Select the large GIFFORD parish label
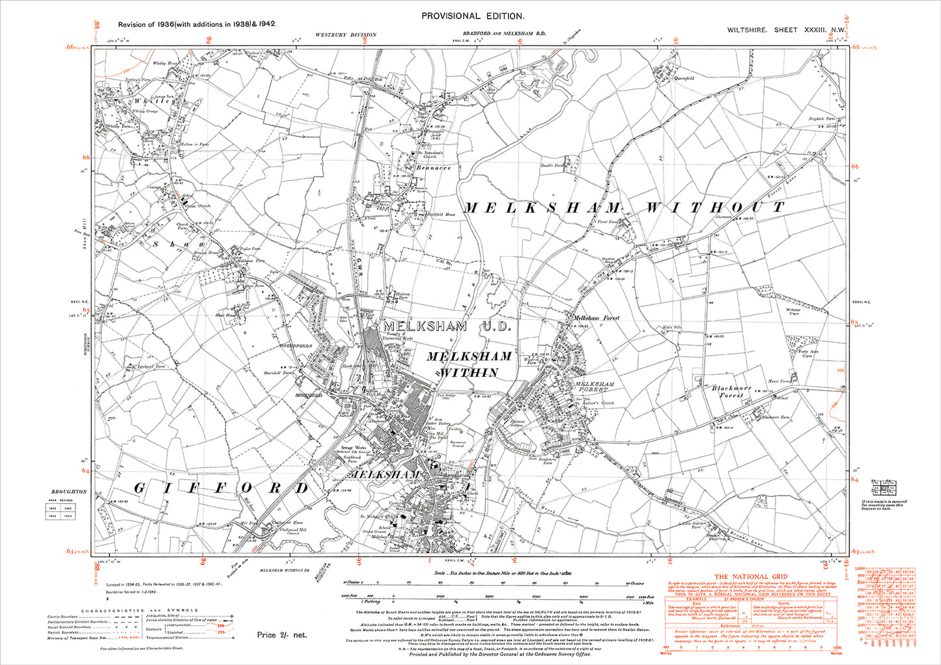(x=221, y=488)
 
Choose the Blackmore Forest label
(x=731, y=391)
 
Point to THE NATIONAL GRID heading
(x=751, y=577)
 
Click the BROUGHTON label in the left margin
(x=69, y=492)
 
